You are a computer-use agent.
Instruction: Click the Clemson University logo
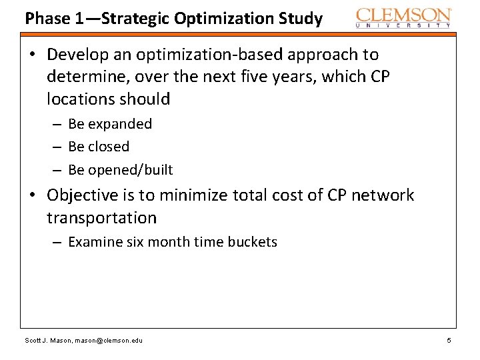403,17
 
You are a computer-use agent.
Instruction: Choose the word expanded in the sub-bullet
120,124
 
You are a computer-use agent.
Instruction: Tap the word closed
109,147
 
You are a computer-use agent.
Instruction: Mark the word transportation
101,218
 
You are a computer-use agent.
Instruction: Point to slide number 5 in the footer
449,341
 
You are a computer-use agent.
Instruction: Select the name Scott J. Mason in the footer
47,341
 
